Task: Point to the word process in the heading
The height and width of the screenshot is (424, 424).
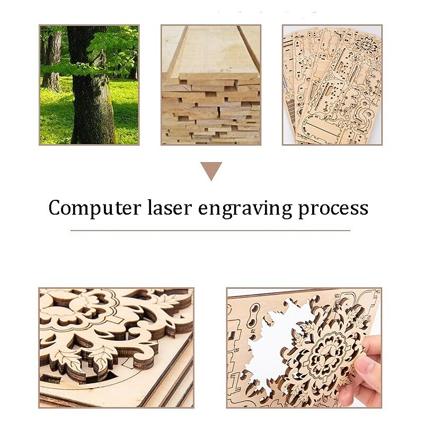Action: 333,208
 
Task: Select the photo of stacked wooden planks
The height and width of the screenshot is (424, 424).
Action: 210,85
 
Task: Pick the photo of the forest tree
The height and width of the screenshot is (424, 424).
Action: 89,85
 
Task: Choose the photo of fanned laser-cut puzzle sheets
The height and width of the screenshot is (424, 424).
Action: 332,85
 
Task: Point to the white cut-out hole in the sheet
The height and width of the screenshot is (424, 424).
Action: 276,339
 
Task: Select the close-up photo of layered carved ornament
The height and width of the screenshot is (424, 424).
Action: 116,348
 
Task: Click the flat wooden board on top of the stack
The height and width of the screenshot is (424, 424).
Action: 212,50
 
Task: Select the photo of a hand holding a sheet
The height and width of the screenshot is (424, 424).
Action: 304,348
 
